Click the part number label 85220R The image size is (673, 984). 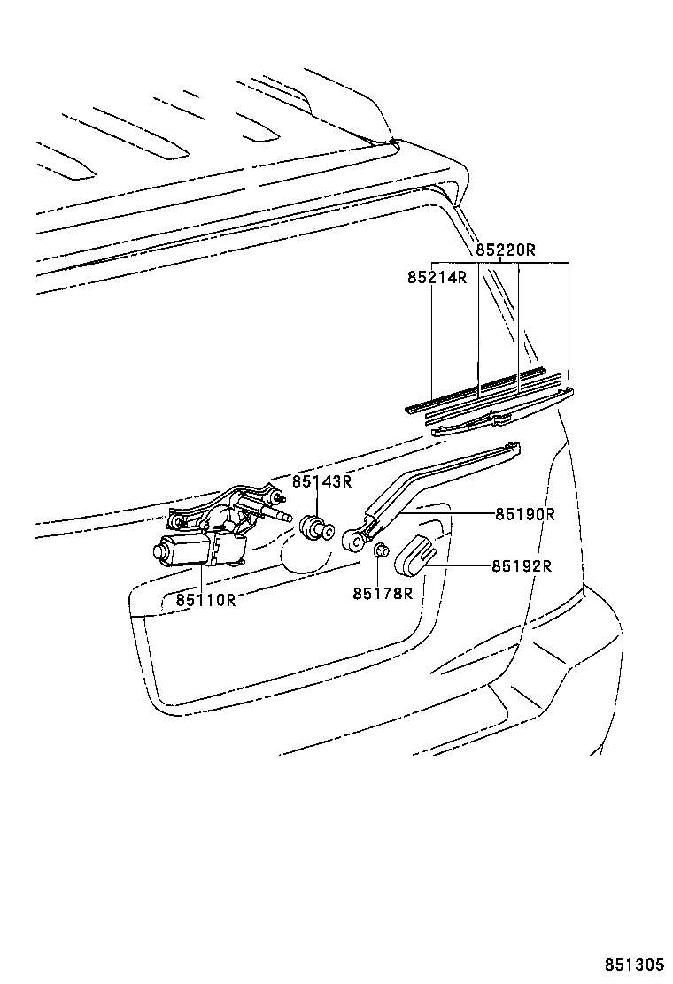click(x=505, y=250)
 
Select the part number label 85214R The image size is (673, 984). click(x=437, y=277)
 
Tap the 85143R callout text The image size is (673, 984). click(x=321, y=482)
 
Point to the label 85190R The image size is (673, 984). click(x=525, y=514)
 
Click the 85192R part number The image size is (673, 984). click(x=521, y=566)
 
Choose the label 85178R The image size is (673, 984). click(x=383, y=593)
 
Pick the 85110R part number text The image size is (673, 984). click(x=205, y=600)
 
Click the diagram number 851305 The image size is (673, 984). click(x=634, y=965)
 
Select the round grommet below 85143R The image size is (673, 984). click(x=316, y=527)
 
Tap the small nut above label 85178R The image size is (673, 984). click(x=380, y=550)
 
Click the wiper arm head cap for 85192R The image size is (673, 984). click(x=415, y=554)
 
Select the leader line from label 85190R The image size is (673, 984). click(x=447, y=513)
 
